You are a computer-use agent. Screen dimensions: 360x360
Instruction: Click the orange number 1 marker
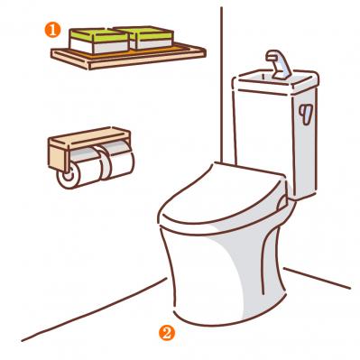point(52,31)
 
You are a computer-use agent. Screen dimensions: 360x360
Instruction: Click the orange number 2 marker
point(167,333)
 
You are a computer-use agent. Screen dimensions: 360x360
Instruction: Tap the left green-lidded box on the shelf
point(99,41)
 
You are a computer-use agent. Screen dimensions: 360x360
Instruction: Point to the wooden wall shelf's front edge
point(147,60)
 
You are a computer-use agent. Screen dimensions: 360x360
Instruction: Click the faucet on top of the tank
point(278,64)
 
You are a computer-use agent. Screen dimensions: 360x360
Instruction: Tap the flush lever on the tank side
point(307,114)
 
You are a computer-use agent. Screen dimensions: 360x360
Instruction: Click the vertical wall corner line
point(222,85)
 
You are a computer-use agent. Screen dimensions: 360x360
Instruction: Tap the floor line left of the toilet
point(94,309)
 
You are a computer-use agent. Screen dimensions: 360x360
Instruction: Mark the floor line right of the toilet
point(318,278)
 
